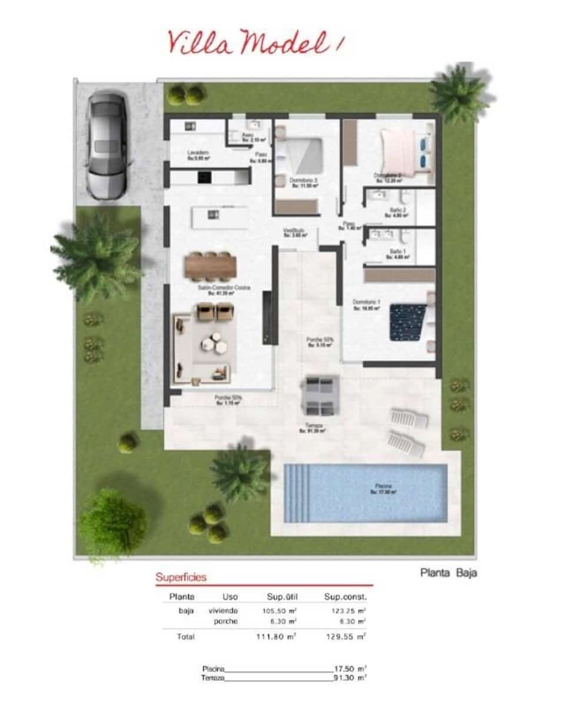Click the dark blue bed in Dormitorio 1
click(x=408, y=321)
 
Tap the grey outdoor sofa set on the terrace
click(x=320, y=394)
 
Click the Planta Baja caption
click(x=448, y=572)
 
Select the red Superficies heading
click(x=181, y=577)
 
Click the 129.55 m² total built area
click(x=345, y=637)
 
